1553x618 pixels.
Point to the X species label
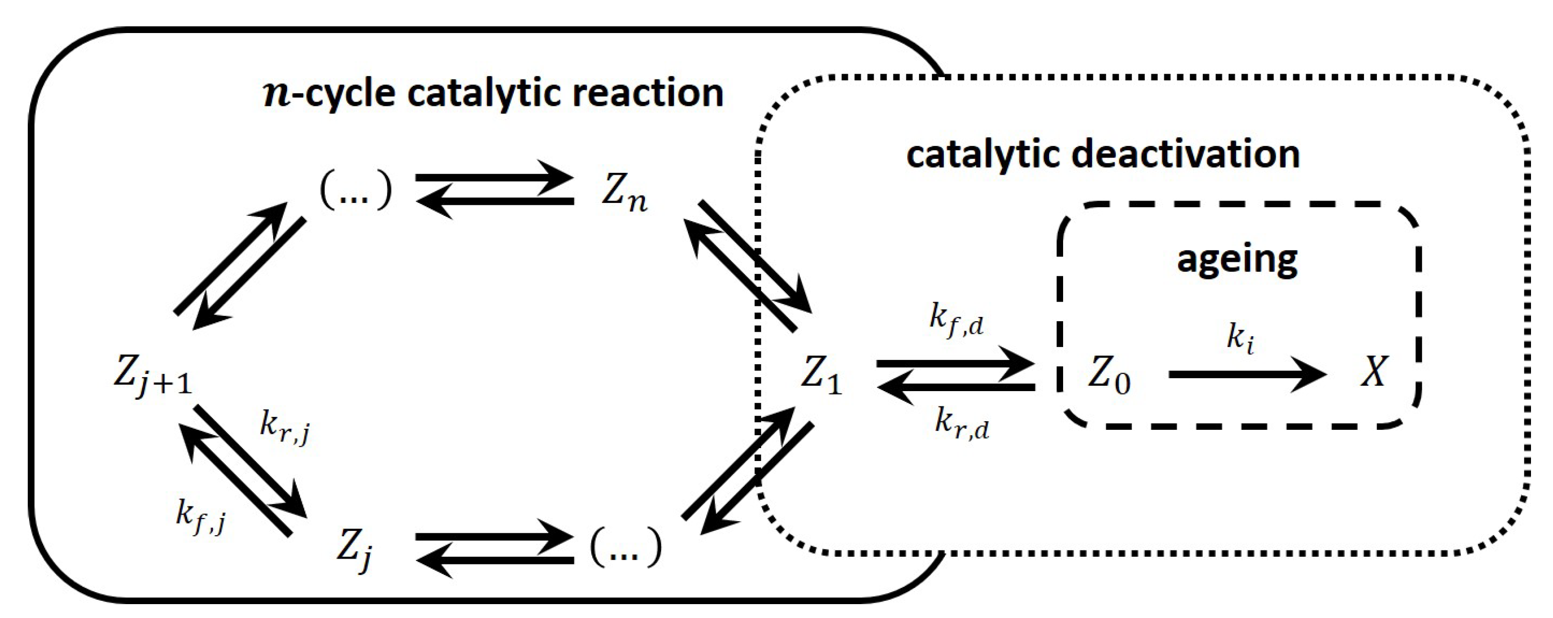1373,372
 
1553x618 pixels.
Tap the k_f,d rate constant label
955,318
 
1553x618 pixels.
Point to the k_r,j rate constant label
285,427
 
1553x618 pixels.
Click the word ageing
1237,260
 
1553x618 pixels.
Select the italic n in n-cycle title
278,95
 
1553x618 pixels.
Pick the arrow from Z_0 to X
1247,374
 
